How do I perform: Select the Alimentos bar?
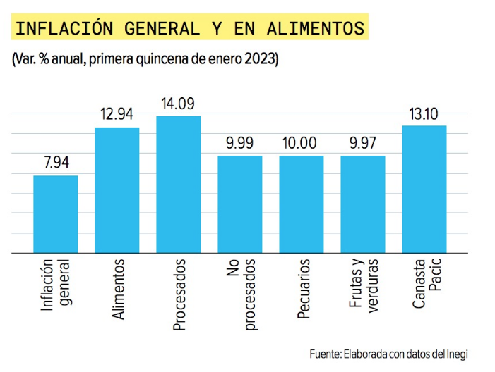click(x=117, y=190)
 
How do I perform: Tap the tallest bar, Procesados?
click(x=179, y=184)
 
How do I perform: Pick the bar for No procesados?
click(x=240, y=204)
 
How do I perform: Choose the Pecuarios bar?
click(x=302, y=204)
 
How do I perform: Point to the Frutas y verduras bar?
click(x=363, y=204)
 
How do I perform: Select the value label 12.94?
click(x=117, y=115)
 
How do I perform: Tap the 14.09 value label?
click(x=179, y=104)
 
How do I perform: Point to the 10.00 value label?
click(x=302, y=144)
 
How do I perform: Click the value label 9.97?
click(x=363, y=144)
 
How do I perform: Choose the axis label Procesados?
click(x=179, y=295)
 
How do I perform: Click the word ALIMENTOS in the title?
click(x=316, y=29)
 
